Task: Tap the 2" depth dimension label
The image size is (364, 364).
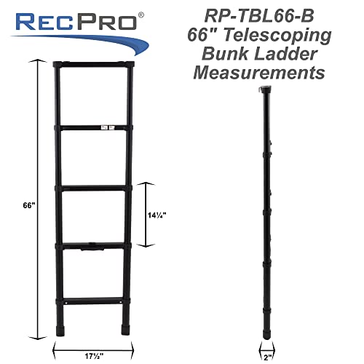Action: point(268,336)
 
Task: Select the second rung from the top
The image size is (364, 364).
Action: point(94,130)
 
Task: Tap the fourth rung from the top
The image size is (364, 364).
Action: point(94,248)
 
